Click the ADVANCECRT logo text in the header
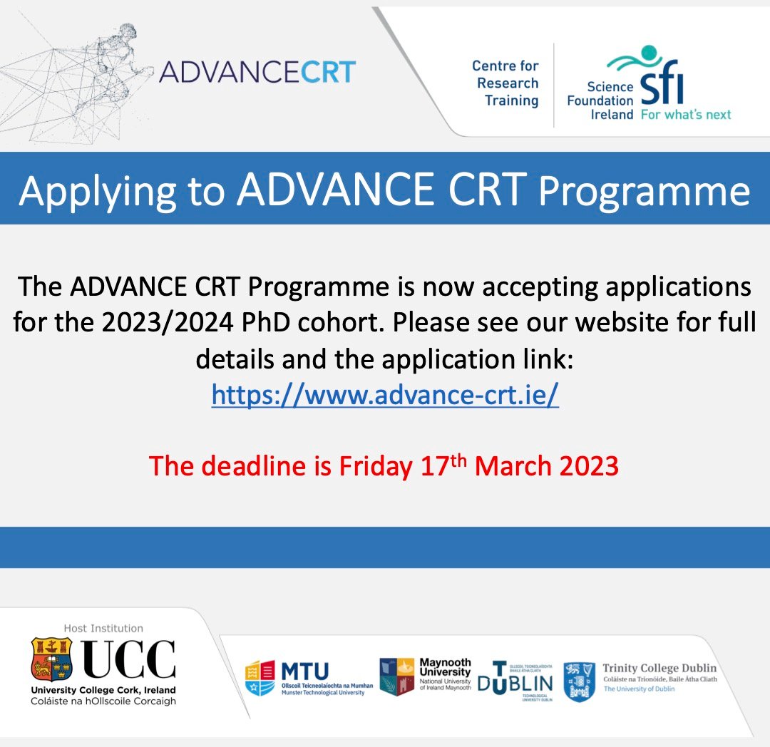257,72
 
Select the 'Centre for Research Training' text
505,83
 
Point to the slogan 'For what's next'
685,114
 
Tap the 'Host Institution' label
103,628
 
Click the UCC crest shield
51,659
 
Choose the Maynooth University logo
425,676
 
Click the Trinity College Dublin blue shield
578,681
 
